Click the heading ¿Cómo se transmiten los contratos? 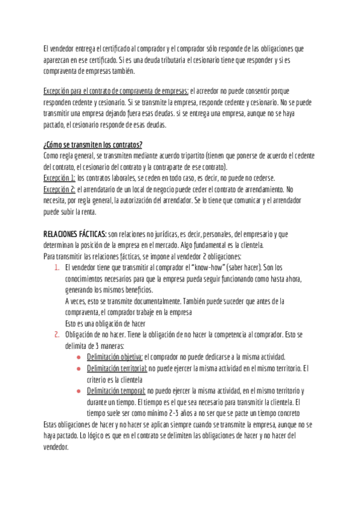92,145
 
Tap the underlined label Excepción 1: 59,179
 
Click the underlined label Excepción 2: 59,189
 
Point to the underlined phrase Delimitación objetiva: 115,356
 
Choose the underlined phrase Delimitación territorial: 117,367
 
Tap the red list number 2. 56,334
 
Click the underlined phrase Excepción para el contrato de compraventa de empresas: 116,91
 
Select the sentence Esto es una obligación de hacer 105,323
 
